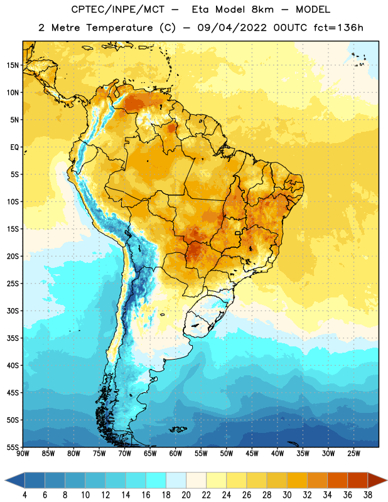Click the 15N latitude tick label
[13, 65]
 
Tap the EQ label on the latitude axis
[14, 147]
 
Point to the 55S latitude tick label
[13, 447]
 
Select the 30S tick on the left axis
[13, 311]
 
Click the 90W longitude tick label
[23, 454]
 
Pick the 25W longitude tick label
[353, 454]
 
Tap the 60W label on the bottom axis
[176, 454]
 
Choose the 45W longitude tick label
[252, 454]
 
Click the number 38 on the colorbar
[367, 495]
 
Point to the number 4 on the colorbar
[24, 495]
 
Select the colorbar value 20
[186, 495]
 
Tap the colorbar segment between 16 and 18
[156, 481]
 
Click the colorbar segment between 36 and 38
[358, 481]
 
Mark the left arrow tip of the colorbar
[5, 481]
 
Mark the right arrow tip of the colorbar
[387, 481]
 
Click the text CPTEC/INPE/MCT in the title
[117, 9]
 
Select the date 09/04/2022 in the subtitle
[232, 28]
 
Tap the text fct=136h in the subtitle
[338, 28]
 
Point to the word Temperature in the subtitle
[119, 28]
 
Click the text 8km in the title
[262, 9]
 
